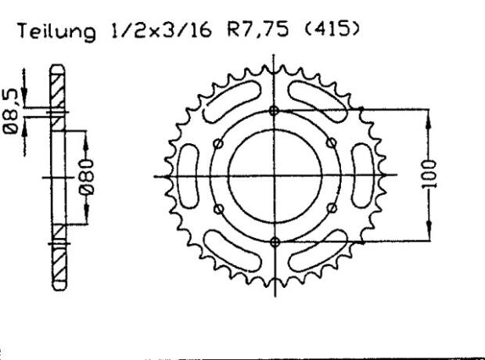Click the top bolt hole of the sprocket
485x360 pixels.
(x=273, y=110)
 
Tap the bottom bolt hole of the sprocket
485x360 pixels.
(x=273, y=240)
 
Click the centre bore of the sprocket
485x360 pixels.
(x=273, y=175)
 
